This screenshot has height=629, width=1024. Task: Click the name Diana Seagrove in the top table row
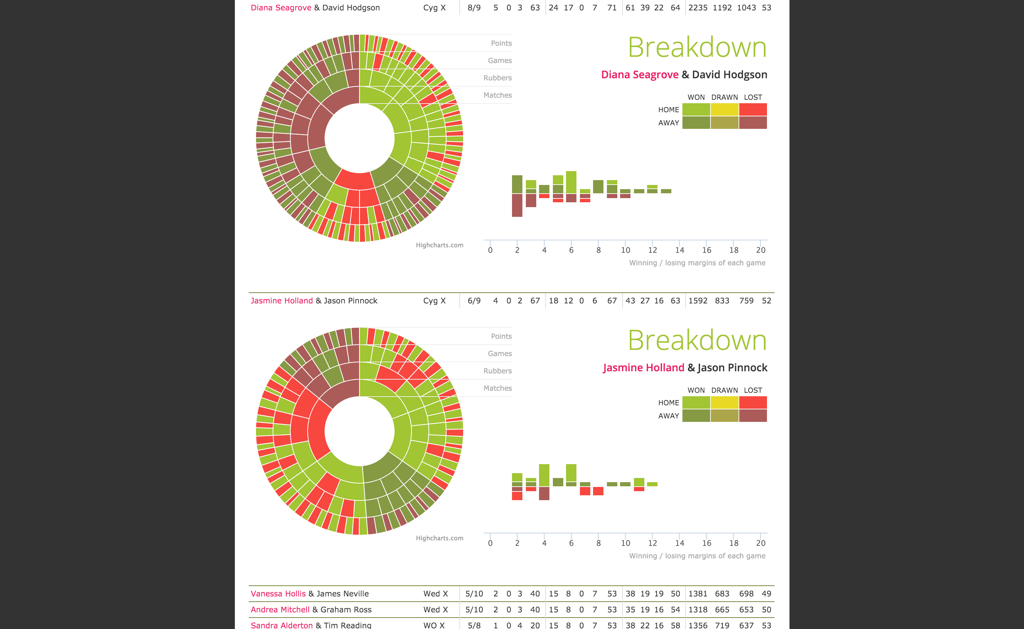coord(281,8)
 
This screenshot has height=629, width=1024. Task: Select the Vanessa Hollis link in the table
coord(278,594)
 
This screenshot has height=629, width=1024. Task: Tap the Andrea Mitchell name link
coord(280,610)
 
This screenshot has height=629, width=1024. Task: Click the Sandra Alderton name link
coord(282,625)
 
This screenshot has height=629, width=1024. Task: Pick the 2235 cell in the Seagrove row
coord(698,8)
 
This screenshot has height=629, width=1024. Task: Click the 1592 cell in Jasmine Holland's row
coord(698,301)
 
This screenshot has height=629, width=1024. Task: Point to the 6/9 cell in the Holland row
coord(474,301)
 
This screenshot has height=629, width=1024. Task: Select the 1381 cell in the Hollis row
coord(698,594)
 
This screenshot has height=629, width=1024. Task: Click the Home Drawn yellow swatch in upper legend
coord(724,109)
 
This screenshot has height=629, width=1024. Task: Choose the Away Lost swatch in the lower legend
coord(753,416)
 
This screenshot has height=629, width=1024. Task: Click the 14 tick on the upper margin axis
coord(679,250)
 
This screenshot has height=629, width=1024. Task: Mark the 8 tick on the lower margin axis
coord(598,543)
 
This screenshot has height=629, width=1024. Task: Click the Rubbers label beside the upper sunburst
coord(498,78)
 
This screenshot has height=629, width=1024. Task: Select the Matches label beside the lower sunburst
coord(498,388)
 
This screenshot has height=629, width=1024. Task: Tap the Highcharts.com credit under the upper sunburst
coord(439,245)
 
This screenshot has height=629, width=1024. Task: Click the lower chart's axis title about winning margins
coord(697,556)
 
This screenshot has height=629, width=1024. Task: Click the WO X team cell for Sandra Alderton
coord(434,625)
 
